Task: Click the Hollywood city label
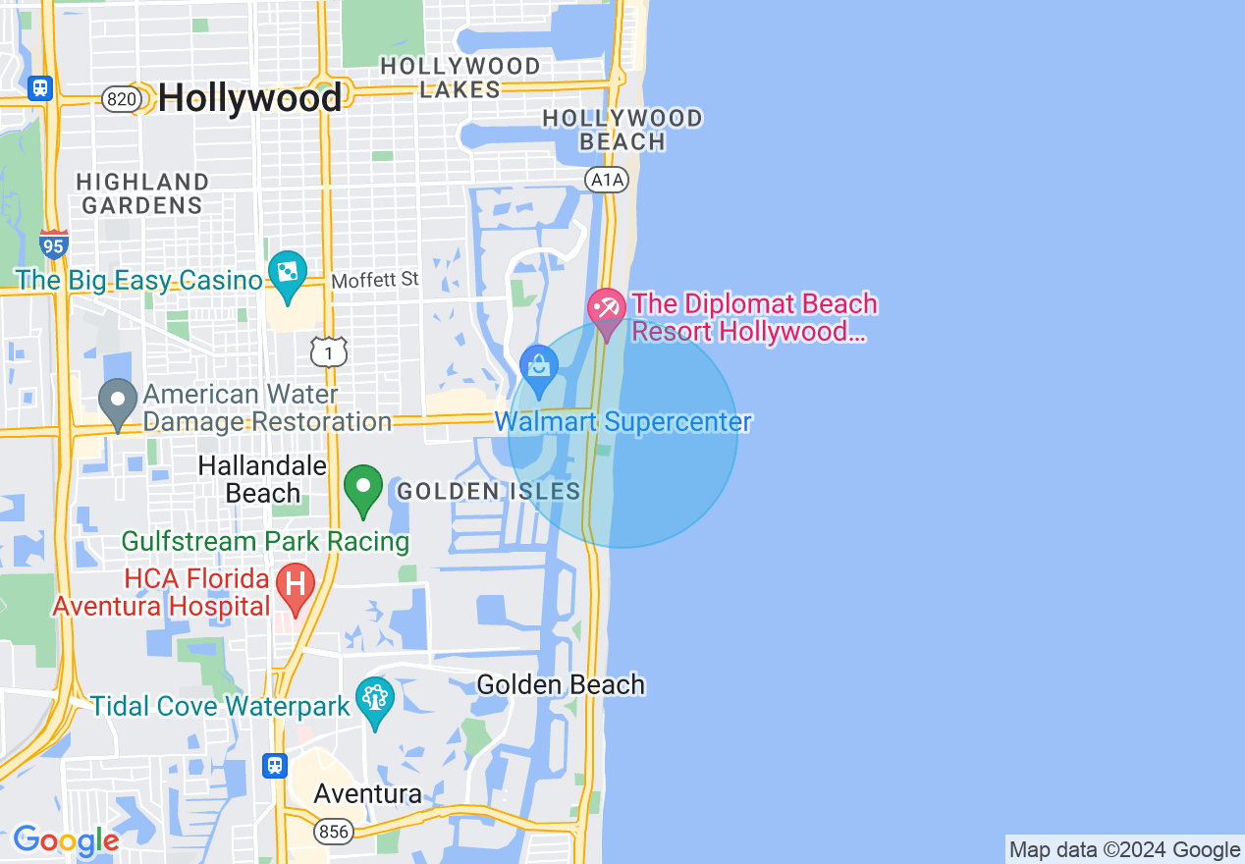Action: coord(249,97)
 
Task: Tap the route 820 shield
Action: coord(120,99)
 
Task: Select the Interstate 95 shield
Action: coord(54,243)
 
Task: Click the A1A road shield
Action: coord(606,180)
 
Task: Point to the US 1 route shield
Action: coord(329,351)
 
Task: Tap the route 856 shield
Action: coord(334,832)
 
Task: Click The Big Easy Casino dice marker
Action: coord(288,272)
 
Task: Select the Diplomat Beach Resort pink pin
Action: coord(607,308)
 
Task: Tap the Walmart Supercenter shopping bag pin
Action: coord(539,366)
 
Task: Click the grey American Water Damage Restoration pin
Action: coord(119,400)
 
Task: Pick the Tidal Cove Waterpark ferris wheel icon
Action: coord(375,698)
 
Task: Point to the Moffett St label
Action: coord(375,281)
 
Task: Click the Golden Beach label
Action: coord(561,684)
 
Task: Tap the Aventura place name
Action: coord(367,793)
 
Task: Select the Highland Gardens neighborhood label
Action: coord(142,193)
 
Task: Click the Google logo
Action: coord(66,840)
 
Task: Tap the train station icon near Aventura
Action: coord(275,765)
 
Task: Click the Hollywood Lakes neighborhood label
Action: coord(460,78)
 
